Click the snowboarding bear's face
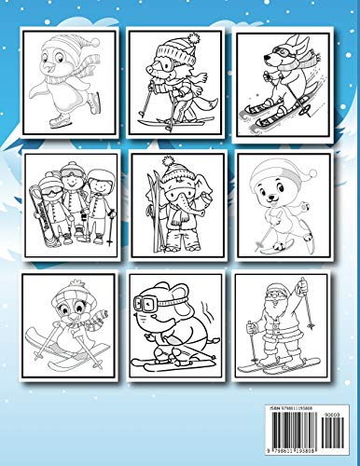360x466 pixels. pos(282,186)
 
